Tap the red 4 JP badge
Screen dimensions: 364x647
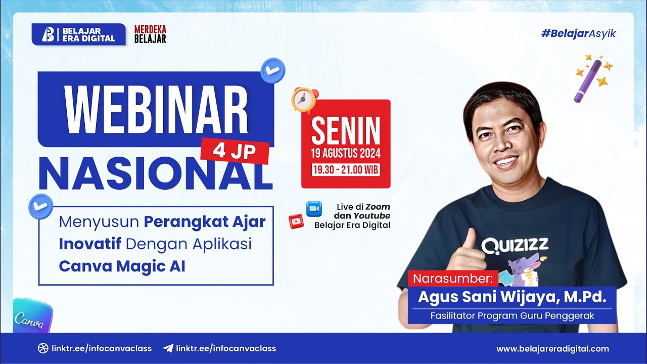235,151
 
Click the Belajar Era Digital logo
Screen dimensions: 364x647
78,34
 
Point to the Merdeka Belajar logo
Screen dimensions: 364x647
150,34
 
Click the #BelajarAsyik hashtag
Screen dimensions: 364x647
578,34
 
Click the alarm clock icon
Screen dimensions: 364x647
305,100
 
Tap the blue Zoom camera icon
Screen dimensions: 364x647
314,208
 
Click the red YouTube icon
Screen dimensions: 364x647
296,221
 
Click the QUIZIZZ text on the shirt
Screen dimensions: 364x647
515,246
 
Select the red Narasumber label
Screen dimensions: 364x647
453,279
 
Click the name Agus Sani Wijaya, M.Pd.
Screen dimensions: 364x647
512,297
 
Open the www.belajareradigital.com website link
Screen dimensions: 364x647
552,349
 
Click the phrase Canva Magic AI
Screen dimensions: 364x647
122,266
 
